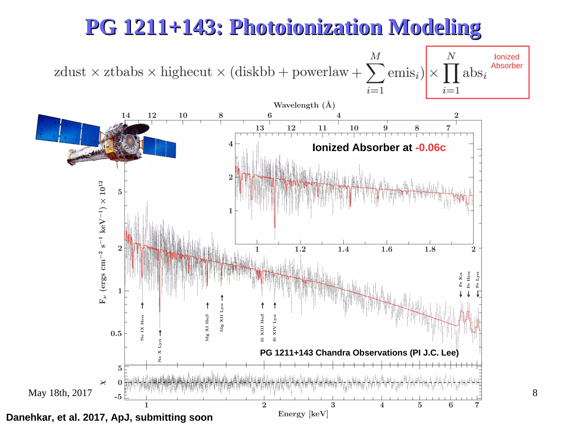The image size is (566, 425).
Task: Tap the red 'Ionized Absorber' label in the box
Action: (506, 61)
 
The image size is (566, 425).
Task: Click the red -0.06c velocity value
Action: (430, 148)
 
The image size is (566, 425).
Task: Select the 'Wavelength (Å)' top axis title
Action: (304, 105)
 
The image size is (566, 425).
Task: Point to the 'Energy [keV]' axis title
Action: (303, 414)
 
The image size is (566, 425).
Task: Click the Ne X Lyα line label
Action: (160, 350)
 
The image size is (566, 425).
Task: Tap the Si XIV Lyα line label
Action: (274, 328)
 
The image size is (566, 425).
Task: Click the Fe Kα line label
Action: (460, 280)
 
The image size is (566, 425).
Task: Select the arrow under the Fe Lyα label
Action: (478, 294)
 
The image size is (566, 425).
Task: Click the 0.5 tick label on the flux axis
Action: (116, 333)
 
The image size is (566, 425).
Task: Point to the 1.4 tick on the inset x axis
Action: (343, 249)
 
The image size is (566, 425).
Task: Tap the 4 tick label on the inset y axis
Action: (230, 144)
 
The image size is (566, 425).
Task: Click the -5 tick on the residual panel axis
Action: (118, 397)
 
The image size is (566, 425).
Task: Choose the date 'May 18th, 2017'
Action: (60, 393)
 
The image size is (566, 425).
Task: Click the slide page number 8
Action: (535, 393)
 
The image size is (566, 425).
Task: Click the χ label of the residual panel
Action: (103, 382)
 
